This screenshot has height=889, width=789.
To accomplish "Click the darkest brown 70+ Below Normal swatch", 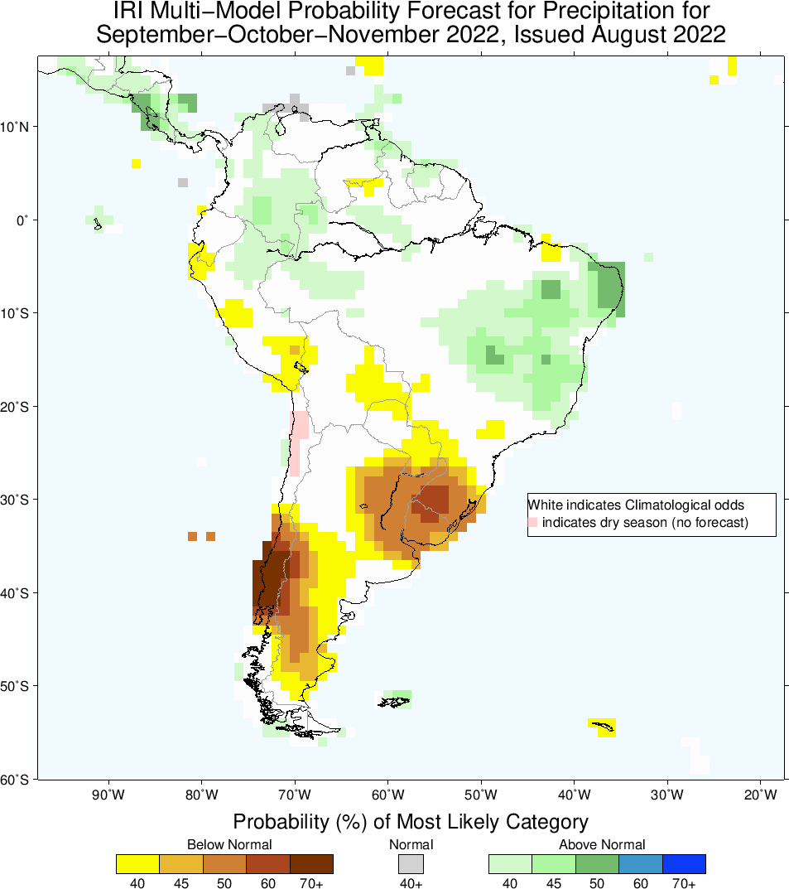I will coord(311,863).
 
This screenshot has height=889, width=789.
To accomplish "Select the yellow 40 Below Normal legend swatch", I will coord(138,863).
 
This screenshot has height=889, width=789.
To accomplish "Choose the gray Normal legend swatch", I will coord(411,863).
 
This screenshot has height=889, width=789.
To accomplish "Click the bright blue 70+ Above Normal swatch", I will coord(684,863).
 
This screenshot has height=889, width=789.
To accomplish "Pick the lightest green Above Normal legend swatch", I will coord(511,863).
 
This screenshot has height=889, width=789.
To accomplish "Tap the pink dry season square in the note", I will coord(532,522).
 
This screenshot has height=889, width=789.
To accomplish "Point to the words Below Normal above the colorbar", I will coord(229,844).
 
